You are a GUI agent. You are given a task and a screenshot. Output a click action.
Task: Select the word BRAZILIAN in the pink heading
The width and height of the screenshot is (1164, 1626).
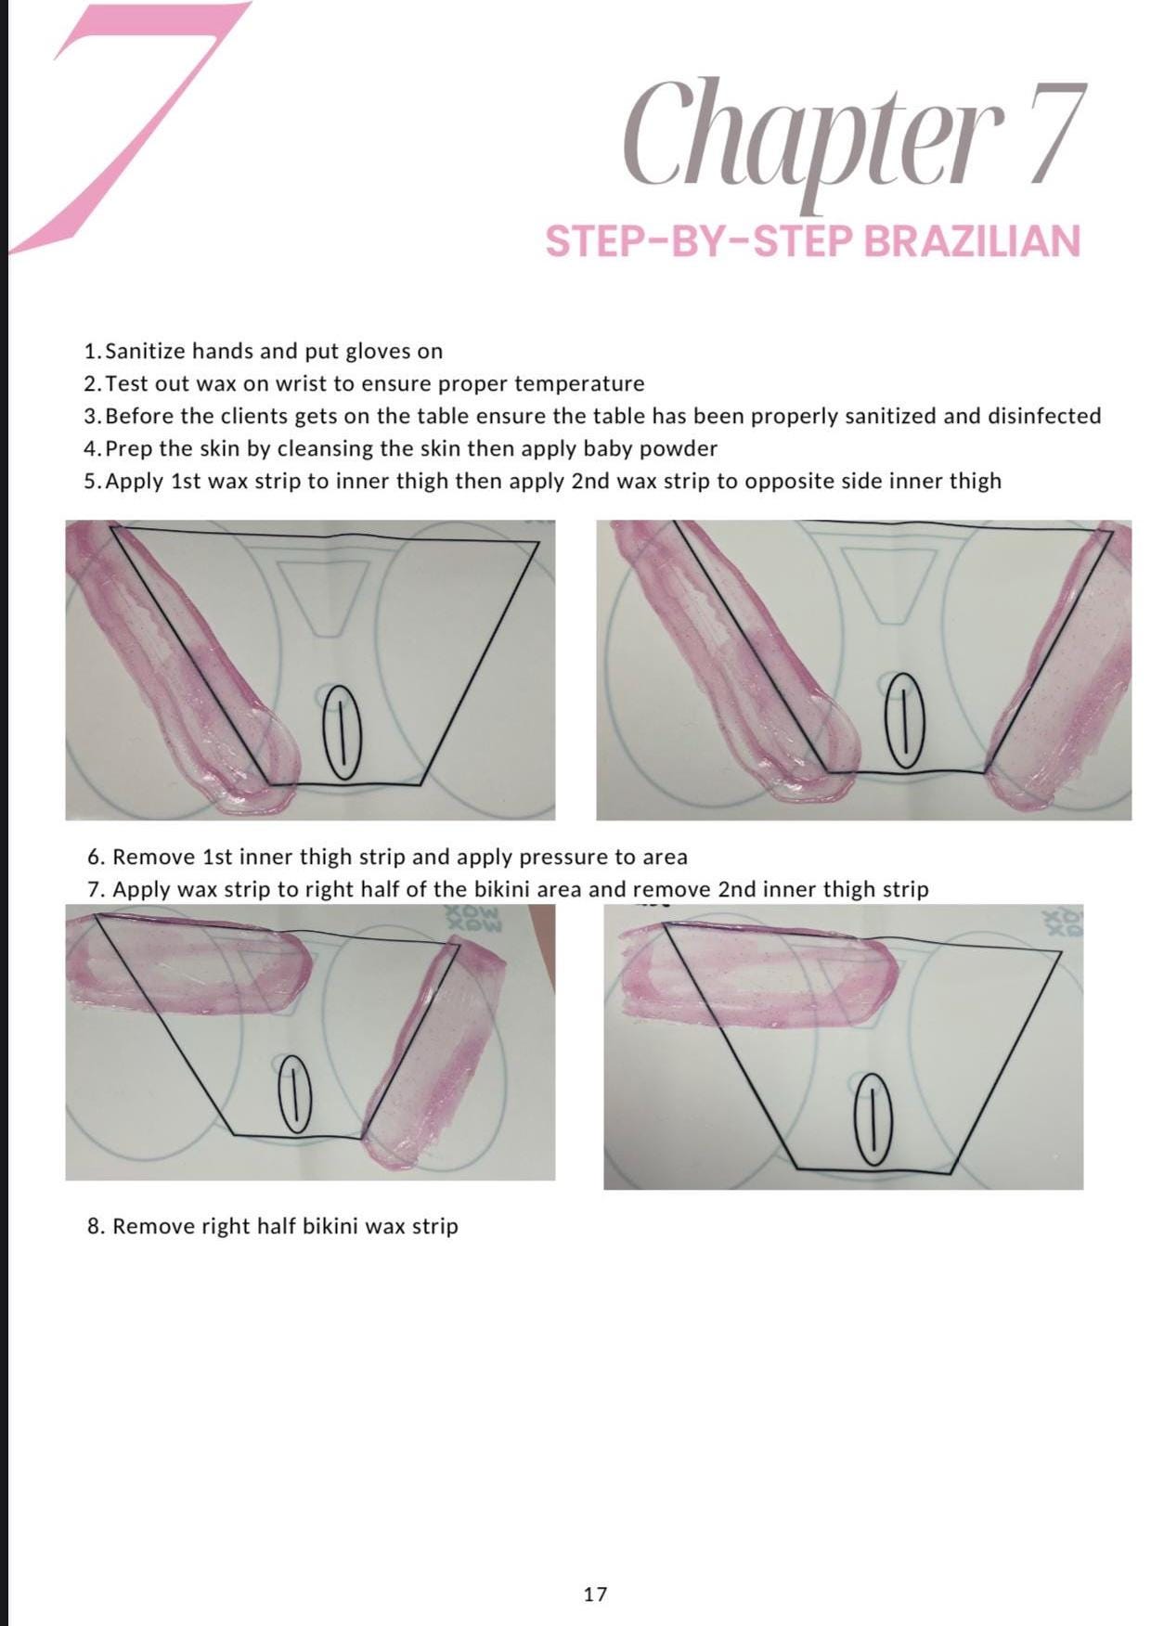[972, 241]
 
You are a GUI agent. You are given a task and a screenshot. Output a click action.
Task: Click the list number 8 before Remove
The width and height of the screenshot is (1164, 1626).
[94, 1226]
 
